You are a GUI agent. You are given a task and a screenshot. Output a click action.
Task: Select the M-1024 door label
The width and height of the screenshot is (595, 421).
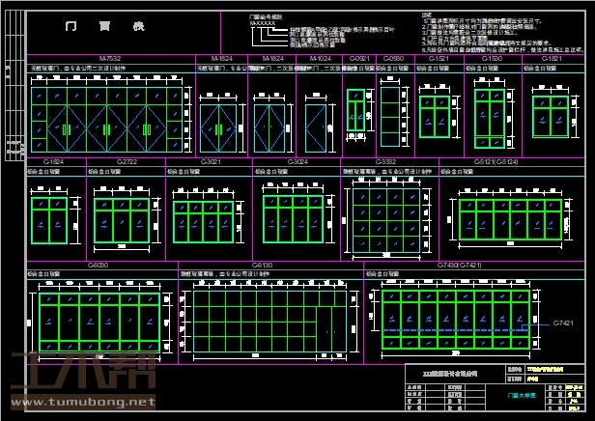tap(321, 59)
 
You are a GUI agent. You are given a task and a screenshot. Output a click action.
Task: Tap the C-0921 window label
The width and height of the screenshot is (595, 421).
tap(358, 59)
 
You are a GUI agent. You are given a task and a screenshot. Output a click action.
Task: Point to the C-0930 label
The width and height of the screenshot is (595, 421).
tap(393, 59)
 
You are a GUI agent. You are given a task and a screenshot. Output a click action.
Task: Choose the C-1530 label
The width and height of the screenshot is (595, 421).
tap(492, 59)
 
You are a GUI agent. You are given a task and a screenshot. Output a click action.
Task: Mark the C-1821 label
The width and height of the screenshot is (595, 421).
tap(551, 59)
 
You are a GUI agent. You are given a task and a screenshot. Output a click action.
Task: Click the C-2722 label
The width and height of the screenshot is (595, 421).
tap(128, 161)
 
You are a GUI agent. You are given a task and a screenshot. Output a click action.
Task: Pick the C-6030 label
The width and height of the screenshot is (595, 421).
tap(99, 264)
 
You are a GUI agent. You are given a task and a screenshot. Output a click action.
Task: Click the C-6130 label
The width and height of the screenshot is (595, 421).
tap(262, 264)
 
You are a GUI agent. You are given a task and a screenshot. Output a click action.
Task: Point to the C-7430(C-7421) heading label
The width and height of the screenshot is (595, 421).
tap(460, 264)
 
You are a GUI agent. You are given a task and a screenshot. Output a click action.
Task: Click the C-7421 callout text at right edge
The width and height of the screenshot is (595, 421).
tap(563, 323)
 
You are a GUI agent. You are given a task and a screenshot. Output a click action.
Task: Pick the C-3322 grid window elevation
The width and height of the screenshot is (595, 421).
tap(385, 213)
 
